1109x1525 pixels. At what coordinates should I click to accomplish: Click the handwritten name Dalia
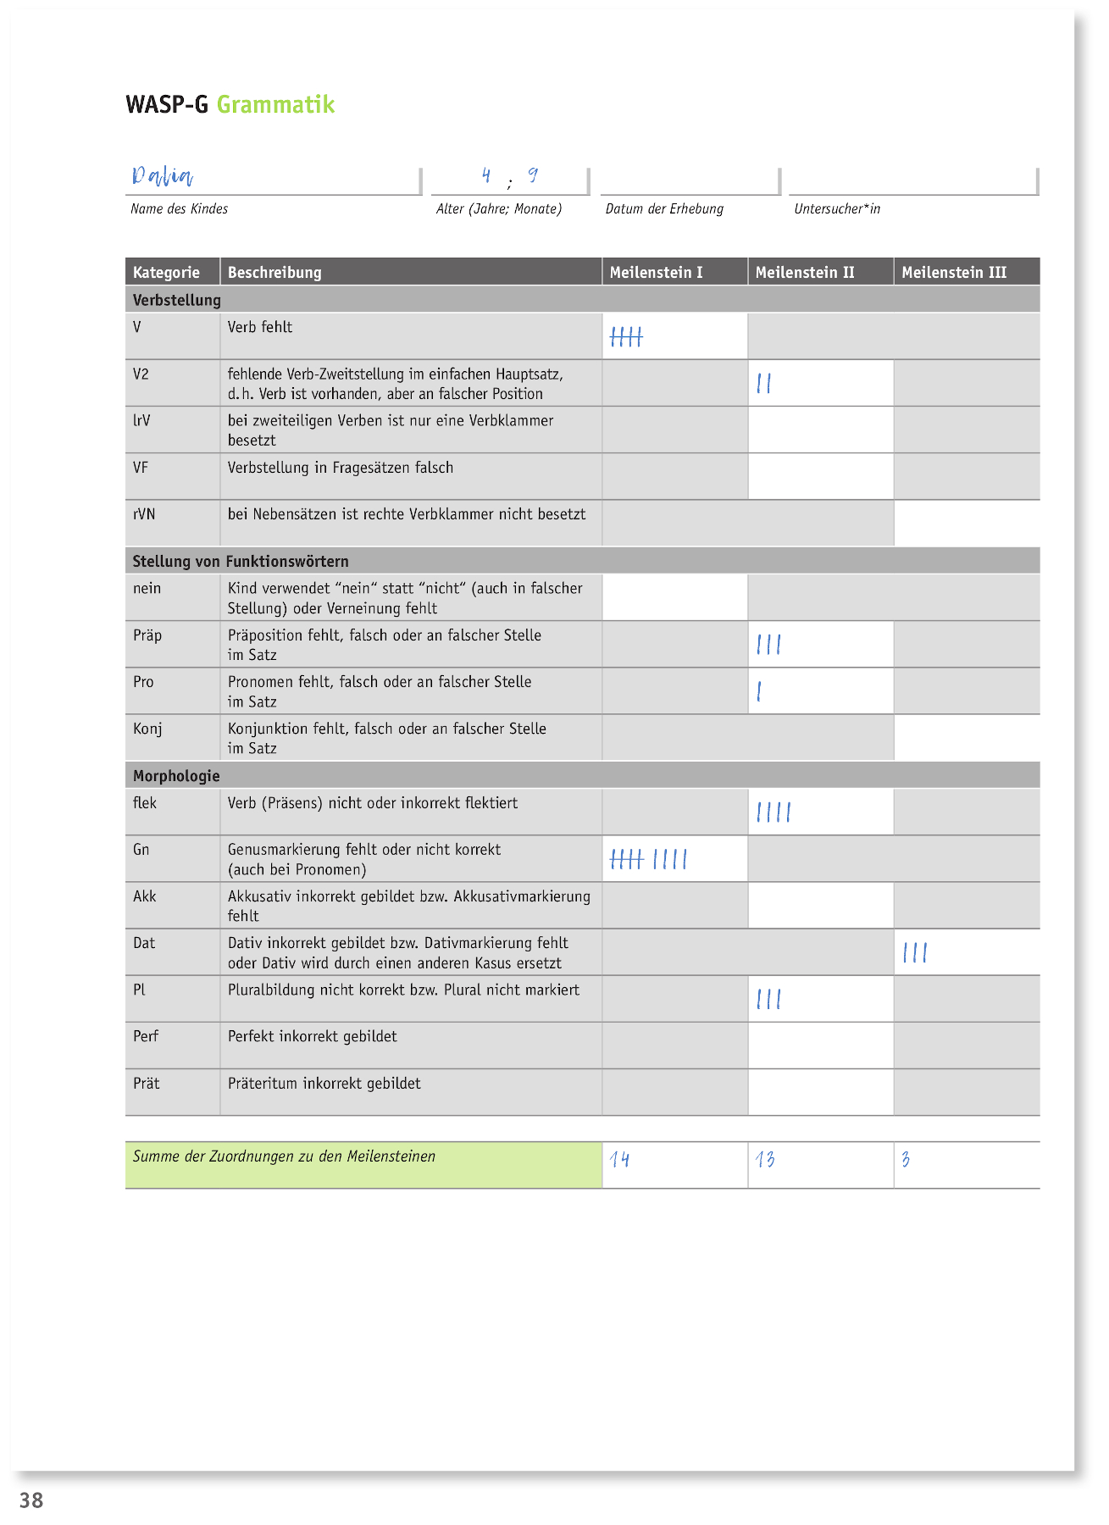(162, 175)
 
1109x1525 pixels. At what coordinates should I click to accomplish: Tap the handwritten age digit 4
(486, 175)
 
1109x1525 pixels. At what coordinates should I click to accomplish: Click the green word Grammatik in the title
(275, 105)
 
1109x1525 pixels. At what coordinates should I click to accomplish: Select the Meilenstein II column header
(805, 273)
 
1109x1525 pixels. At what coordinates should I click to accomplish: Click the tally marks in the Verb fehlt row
(626, 337)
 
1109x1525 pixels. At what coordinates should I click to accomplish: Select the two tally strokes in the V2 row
(764, 384)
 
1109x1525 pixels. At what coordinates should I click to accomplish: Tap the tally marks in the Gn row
(648, 860)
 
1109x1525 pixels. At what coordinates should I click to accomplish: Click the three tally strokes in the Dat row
(915, 953)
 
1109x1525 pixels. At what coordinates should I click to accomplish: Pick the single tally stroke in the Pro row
(759, 692)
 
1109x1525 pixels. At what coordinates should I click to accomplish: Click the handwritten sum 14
(619, 1159)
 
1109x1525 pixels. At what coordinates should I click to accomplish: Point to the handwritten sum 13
(765, 1159)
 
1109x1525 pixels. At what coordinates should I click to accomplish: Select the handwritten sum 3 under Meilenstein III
(906, 1159)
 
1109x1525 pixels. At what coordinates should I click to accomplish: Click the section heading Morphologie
(176, 776)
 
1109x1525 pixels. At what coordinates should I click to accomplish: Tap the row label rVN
(144, 514)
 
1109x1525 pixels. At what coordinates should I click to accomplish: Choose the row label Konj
(147, 729)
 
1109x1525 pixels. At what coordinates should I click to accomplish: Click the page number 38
(31, 1500)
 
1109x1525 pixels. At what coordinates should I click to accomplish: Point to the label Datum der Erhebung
(664, 209)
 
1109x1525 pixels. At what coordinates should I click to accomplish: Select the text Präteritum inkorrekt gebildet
(324, 1084)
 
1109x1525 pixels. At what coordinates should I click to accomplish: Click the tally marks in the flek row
(774, 813)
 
